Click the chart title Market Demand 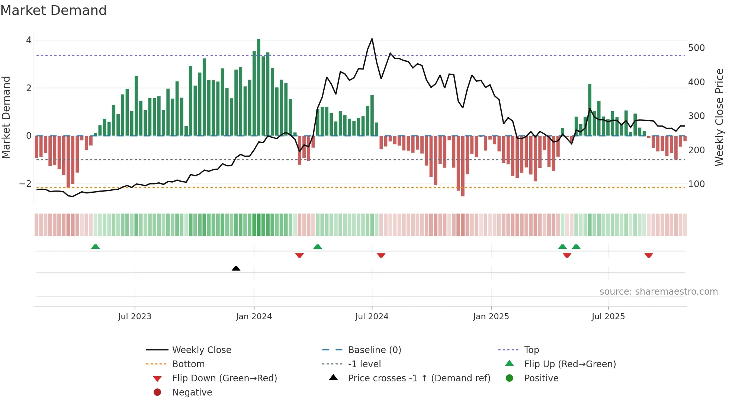[54, 10]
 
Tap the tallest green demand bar [258, 86]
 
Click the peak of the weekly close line [372, 39]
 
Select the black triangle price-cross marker [236, 268]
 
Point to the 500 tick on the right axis [696, 48]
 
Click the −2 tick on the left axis [25, 184]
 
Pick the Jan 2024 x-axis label [254, 317]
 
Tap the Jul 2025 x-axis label [608, 317]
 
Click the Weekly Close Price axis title [719, 117]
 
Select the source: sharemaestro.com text [658, 292]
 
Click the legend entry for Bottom [188, 364]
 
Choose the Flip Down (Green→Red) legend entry [224, 378]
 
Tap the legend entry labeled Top [531, 350]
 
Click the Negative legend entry [192, 393]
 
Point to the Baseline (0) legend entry [374, 350]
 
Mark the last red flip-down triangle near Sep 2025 [649, 255]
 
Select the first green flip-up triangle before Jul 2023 [95, 247]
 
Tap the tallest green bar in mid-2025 [590, 110]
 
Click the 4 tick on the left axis [29, 40]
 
